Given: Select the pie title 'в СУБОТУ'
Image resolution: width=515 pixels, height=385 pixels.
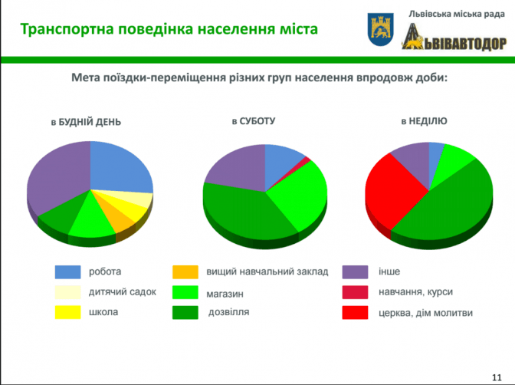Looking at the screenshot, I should (253, 121).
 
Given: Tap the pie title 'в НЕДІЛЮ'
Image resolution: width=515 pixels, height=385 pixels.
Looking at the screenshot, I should (424, 121).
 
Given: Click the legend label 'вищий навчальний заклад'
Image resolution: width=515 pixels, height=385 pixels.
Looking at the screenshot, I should (267, 271).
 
